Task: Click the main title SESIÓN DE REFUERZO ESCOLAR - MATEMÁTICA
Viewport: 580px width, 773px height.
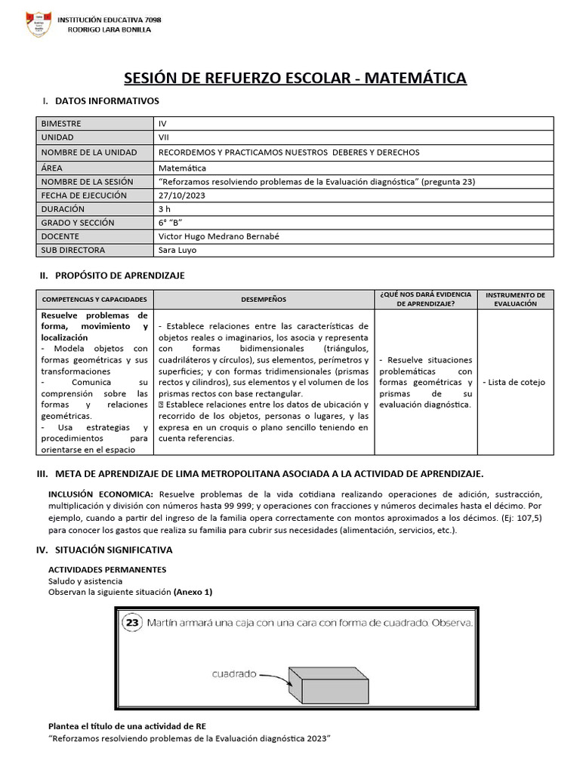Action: pos(295,79)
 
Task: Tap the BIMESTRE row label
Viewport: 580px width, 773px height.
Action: pos(61,123)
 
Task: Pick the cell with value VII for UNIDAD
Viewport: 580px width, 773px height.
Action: pos(164,137)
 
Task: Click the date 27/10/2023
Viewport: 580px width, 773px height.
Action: pos(182,196)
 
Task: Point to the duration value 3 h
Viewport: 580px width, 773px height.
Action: pos(165,209)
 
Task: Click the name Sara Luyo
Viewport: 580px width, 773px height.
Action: pos(177,250)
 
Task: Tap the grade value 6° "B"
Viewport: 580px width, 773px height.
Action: pos(171,223)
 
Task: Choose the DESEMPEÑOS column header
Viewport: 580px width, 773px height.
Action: pos(264,299)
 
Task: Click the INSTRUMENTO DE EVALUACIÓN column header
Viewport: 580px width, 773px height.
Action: pos(515,299)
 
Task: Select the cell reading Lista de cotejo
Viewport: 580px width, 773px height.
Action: pos(515,382)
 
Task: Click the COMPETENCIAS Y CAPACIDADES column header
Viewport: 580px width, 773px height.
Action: pos(94,299)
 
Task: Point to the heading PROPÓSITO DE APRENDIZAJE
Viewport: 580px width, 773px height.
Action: pos(119,276)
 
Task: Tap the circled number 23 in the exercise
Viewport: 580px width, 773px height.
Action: pos(133,623)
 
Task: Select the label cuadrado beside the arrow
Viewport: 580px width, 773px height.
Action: pos(233,674)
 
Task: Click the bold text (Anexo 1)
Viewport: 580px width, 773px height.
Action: pos(193,592)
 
